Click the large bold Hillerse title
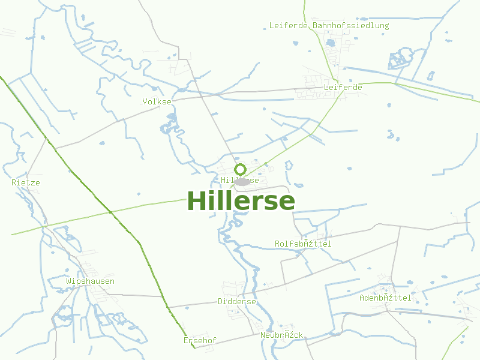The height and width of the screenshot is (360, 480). [x=241, y=201]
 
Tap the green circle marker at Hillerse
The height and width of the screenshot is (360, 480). [x=241, y=169]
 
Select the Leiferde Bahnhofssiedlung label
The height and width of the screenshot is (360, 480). [x=329, y=26]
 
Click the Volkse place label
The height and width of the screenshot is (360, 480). [x=157, y=101]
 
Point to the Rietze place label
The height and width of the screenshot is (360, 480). [x=26, y=182]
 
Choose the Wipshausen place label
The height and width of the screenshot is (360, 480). [x=90, y=281]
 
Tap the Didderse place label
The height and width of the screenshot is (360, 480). [x=237, y=302]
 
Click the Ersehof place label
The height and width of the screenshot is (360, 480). [x=200, y=341]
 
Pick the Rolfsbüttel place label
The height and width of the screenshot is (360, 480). [x=303, y=244]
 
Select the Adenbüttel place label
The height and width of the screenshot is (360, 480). [x=385, y=298]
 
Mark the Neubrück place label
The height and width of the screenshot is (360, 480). [x=282, y=335]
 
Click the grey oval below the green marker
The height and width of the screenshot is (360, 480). [x=242, y=181]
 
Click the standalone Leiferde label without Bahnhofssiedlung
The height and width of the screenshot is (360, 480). [x=343, y=87]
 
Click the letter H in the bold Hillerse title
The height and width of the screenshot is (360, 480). [x=196, y=201]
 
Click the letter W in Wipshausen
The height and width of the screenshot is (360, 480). [x=68, y=281]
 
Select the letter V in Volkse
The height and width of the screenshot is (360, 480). [x=145, y=101]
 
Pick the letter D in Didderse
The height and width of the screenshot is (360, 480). [x=220, y=302]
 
